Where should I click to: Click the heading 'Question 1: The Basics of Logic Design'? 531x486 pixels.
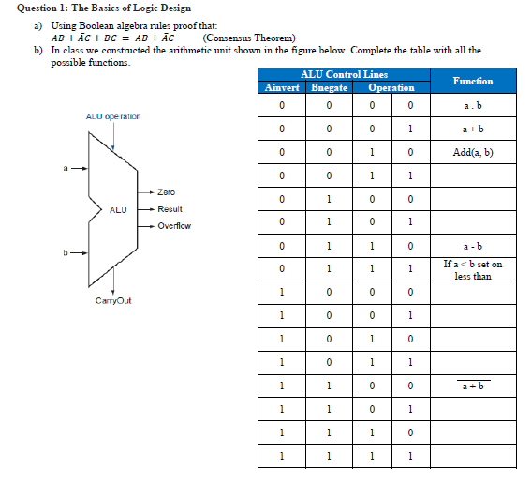click(x=104, y=8)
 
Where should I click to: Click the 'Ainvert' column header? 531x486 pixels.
click(x=281, y=87)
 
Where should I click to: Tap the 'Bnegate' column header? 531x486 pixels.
click(x=329, y=87)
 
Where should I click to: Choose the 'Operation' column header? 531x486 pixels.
click(x=391, y=87)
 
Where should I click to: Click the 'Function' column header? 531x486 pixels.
click(x=473, y=81)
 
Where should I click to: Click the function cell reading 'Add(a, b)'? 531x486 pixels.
click(x=473, y=152)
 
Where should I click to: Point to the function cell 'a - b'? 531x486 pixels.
click(x=473, y=246)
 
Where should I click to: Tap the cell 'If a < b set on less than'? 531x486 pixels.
click(x=473, y=270)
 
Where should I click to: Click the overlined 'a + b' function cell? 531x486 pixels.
click(x=473, y=387)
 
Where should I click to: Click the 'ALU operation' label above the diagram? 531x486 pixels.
click(x=113, y=116)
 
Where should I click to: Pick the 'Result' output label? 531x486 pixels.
click(x=170, y=209)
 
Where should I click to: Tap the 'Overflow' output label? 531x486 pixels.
click(x=174, y=226)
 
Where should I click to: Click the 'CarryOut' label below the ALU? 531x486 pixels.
click(x=113, y=300)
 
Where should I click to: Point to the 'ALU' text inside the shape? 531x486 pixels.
click(x=118, y=209)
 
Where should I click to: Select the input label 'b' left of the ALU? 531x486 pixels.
click(x=66, y=251)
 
